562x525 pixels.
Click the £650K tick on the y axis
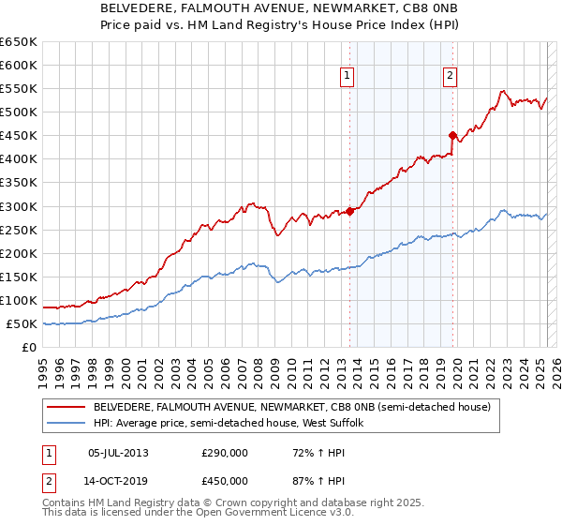point(18,42)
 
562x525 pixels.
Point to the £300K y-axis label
point(18,206)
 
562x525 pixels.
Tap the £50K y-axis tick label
point(22,323)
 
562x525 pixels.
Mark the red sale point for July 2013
point(349,211)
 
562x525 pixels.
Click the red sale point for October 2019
point(452,135)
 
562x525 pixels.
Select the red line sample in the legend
point(67,408)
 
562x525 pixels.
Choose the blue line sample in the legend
point(67,423)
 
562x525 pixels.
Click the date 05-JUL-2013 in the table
point(118,453)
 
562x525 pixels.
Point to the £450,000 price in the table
point(225,481)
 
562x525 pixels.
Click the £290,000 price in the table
point(225,453)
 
